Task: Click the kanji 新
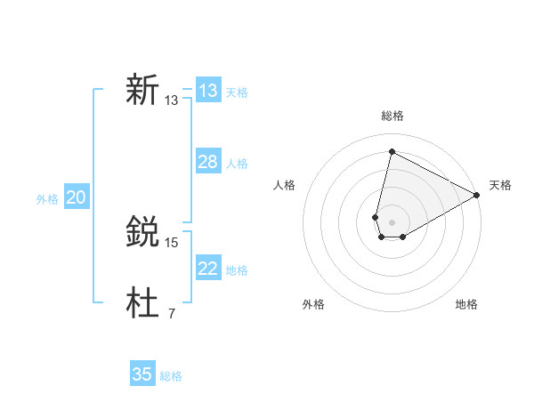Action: click(x=142, y=91)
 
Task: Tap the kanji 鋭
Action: click(x=142, y=233)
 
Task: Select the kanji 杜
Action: click(x=142, y=304)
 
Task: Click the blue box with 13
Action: click(x=208, y=91)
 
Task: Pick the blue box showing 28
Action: click(x=208, y=162)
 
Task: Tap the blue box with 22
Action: click(x=208, y=269)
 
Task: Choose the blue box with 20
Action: click(x=77, y=198)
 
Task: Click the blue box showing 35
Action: click(x=142, y=374)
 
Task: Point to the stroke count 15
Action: click(x=172, y=242)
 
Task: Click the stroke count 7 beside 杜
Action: click(x=172, y=313)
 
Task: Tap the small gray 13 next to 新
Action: click(x=172, y=100)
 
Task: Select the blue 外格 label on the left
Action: click(x=47, y=199)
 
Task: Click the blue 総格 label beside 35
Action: click(x=171, y=376)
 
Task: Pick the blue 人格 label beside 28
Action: click(x=237, y=164)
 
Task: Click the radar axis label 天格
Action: click(x=500, y=185)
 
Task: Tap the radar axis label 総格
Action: click(x=392, y=116)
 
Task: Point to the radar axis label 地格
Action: click(x=466, y=304)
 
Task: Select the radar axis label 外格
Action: click(x=313, y=304)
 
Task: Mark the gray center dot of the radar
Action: click(x=392, y=222)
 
